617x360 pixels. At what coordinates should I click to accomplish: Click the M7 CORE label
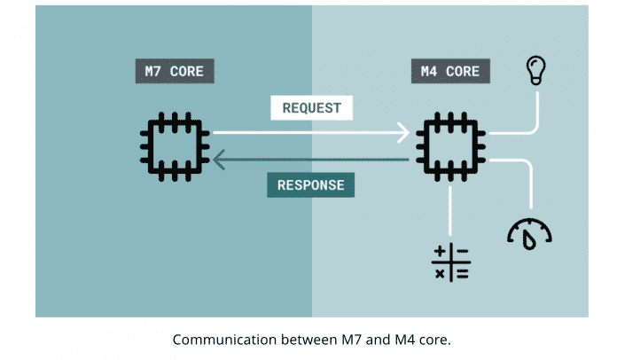point(175,71)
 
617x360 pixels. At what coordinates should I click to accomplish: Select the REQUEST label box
point(311,108)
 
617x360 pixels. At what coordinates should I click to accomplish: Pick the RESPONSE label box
point(311,185)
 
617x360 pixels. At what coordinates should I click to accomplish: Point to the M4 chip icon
point(450,145)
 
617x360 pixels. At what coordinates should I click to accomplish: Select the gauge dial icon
point(529,231)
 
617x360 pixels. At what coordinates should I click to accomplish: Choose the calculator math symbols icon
point(450,263)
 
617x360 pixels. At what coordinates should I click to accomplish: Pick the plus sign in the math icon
point(440,254)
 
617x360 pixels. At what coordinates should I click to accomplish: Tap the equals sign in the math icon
point(461,273)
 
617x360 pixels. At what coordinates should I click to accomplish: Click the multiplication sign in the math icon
point(440,273)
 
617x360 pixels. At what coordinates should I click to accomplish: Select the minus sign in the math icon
point(461,254)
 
